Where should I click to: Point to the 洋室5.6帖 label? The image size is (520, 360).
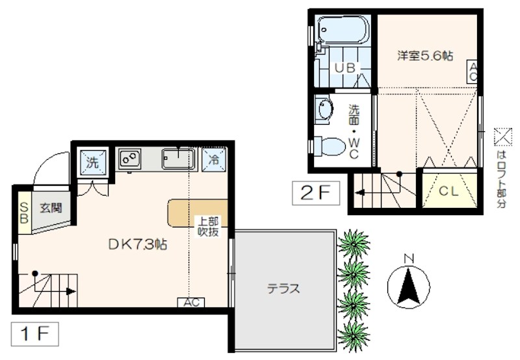coord(425,56)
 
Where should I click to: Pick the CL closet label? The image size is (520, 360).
coord(448,191)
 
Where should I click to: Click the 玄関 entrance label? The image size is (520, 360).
coord(49,208)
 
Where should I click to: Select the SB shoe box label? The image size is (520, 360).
coord(23,212)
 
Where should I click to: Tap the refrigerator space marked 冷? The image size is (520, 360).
coord(213,159)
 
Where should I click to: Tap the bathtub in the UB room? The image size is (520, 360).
coord(343,29)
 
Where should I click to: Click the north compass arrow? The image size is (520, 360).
coord(409,287)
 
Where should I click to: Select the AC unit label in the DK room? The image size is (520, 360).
coord(192,302)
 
